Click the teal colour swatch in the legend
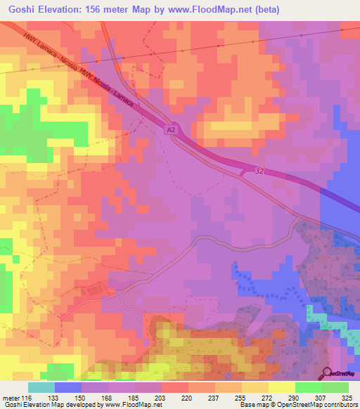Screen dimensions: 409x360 click(41, 387)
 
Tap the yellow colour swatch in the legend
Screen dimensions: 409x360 click(282, 387)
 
